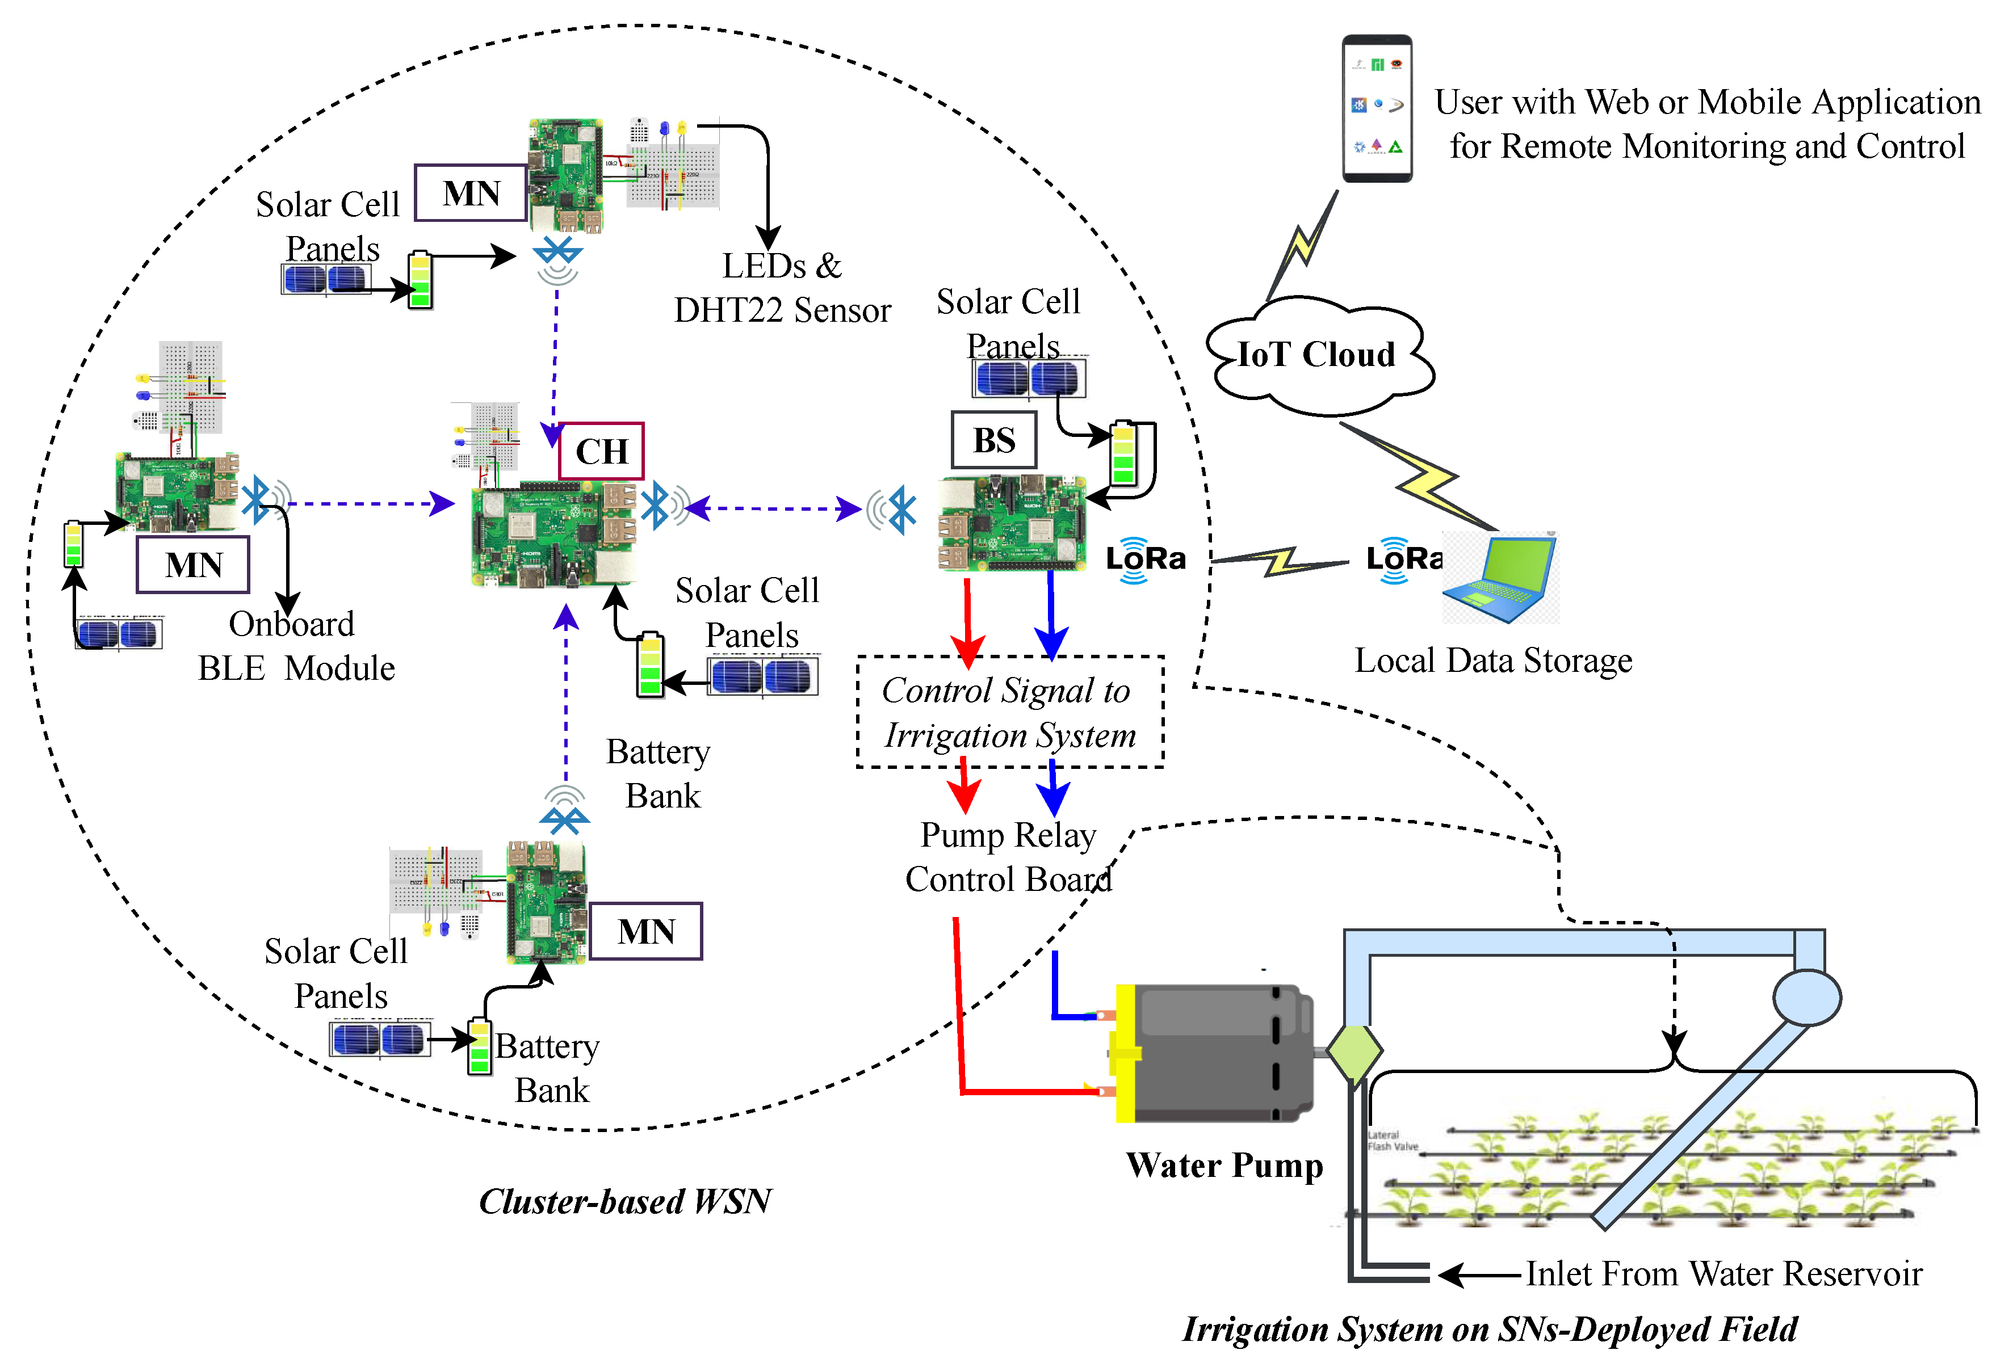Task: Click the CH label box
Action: (601, 451)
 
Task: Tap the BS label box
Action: (993, 440)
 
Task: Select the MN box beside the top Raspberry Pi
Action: (471, 193)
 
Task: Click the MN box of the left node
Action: (193, 564)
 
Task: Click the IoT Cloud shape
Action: (1318, 355)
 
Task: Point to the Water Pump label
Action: (1224, 1166)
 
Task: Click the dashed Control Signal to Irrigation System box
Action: (1010, 712)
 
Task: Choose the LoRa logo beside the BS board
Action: (1144, 560)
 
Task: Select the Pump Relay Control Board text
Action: (1008, 857)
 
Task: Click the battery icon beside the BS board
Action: (1123, 454)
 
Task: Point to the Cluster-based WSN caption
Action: (625, 1202)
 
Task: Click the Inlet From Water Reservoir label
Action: (1723, 1275)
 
